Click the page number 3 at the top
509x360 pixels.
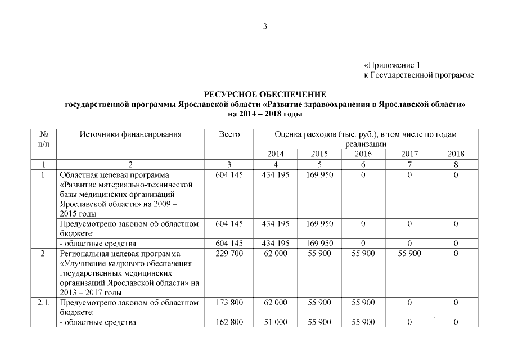click(265, 26)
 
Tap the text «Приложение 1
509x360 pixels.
click(392, 65)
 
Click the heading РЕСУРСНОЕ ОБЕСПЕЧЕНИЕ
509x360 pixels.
click(265, 94)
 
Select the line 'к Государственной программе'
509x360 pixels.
click(418, 75)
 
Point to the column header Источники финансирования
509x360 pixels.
click(130, 134)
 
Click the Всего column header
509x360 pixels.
click(229, 134)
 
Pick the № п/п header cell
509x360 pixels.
click(44, 139)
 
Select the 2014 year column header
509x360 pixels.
click(276, 154)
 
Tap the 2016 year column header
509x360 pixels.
click(363, 154)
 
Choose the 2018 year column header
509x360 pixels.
click(456, 154)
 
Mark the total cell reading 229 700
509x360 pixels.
click(229, 254)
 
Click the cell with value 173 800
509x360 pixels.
click(229, 303)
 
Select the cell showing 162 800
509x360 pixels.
click(229, 322)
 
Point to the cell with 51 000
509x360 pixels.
click(276, 322)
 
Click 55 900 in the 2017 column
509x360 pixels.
click(409, 254)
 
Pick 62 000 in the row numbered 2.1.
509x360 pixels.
click(276, 303)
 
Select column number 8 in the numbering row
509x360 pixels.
click(456, 165)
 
